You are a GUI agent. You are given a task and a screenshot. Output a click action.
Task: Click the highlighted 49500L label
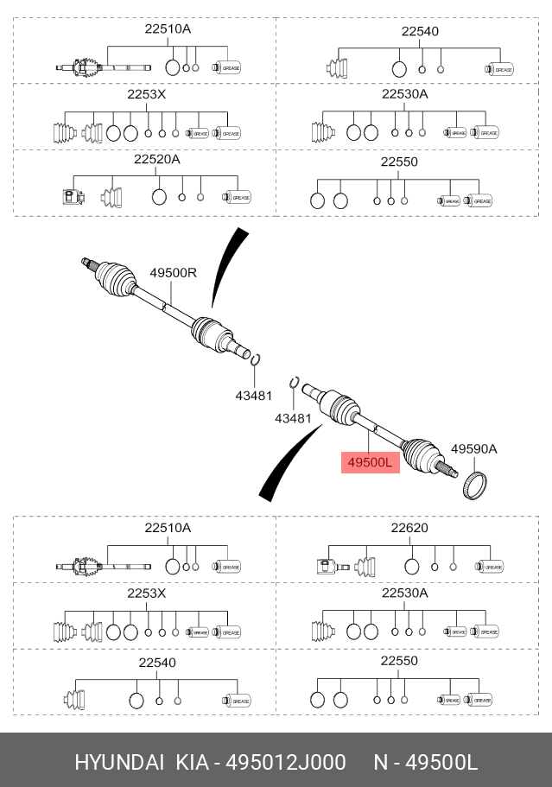370,463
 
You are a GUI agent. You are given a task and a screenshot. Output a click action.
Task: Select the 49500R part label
173,272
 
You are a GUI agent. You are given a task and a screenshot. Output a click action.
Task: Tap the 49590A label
474,449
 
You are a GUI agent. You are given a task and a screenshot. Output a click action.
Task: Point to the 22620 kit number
409,528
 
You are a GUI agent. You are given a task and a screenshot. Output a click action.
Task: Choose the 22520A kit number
156,160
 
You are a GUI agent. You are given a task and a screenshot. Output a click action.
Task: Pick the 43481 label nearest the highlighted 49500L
292,417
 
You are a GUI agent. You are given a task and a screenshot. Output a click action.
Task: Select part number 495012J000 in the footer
286,762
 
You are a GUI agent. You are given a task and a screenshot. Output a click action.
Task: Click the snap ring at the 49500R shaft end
256,359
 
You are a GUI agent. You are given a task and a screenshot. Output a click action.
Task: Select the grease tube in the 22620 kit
489,567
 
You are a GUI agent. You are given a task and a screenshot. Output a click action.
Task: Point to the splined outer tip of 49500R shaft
86,262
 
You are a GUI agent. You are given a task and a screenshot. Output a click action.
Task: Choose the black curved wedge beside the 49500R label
223,268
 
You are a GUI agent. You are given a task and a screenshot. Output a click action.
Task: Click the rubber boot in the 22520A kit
113,198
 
